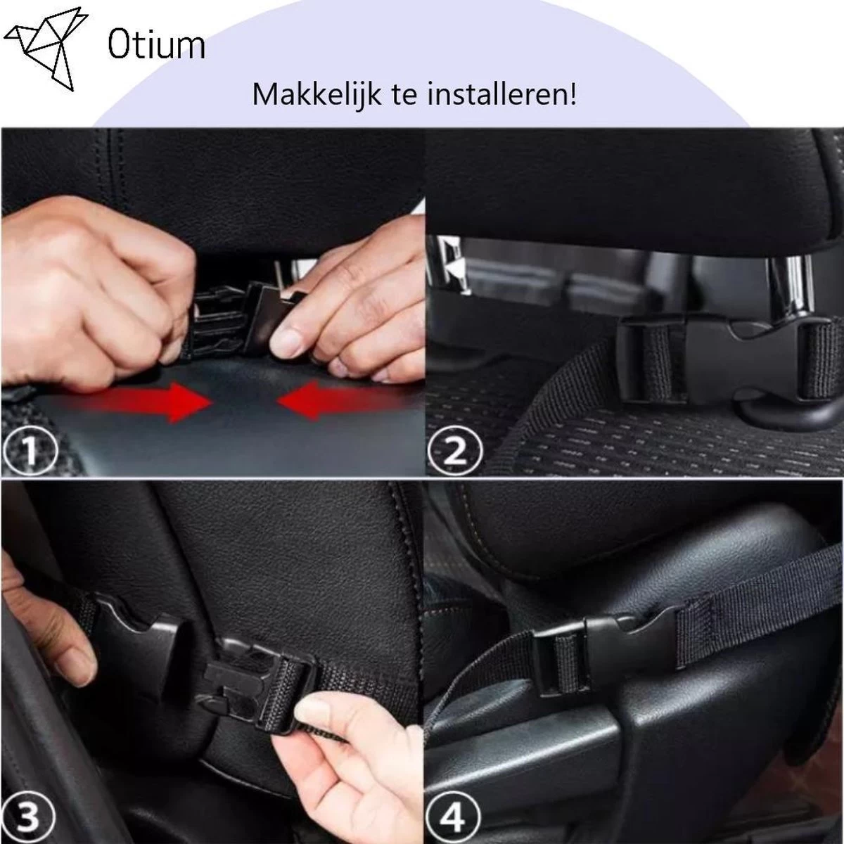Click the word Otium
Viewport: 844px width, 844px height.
[155, 45]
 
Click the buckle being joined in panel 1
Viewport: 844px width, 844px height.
[232, 320]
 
